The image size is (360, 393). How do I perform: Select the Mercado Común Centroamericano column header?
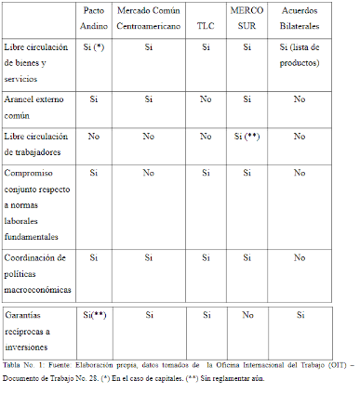point(149,23)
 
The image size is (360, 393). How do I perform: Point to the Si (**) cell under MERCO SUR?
point(251,136)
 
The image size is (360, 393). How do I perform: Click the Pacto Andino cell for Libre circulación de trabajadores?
point(94,136)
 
